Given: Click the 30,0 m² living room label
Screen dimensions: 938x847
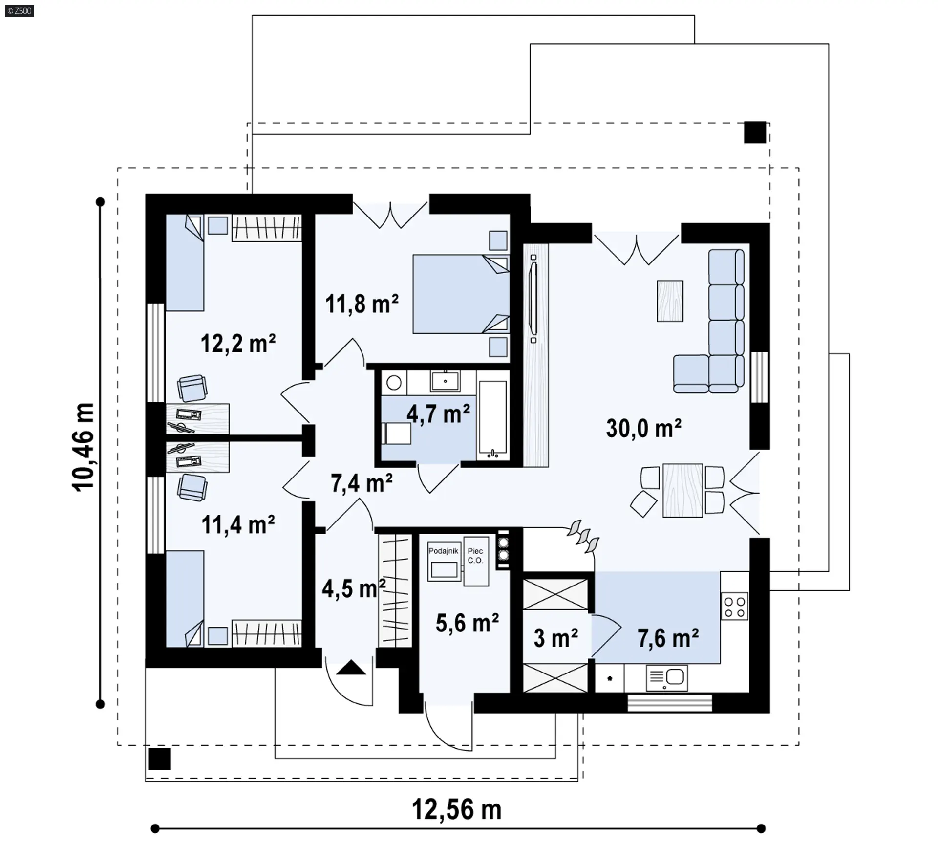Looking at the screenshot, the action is [643, 428].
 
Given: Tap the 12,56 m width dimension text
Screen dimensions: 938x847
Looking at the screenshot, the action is [457, 809].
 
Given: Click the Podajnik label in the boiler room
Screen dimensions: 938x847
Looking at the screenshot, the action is [443, 551].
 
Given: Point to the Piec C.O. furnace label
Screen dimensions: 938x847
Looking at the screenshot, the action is [475, 556].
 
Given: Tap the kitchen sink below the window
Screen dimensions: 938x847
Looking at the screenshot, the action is [666, 678].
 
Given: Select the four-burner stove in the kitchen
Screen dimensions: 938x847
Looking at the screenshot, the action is [735, 607].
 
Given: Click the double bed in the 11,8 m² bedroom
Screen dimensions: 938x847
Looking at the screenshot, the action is [461, 294].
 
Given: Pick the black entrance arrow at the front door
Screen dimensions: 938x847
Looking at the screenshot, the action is [351, 668].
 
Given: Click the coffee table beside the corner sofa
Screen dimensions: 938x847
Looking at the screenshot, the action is [670, 301].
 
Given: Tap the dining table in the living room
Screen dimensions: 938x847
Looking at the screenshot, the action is [682, 491].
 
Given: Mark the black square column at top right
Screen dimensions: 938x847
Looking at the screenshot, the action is [755, 132].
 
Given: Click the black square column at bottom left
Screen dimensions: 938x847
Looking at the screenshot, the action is [159, 759].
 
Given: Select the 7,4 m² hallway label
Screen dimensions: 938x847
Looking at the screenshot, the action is [362, 483].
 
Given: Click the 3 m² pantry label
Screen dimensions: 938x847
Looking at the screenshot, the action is [556, 638].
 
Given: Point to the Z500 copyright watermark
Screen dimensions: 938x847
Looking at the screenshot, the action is [20, 10].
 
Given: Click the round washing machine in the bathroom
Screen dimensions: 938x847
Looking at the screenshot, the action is [394, 382].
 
